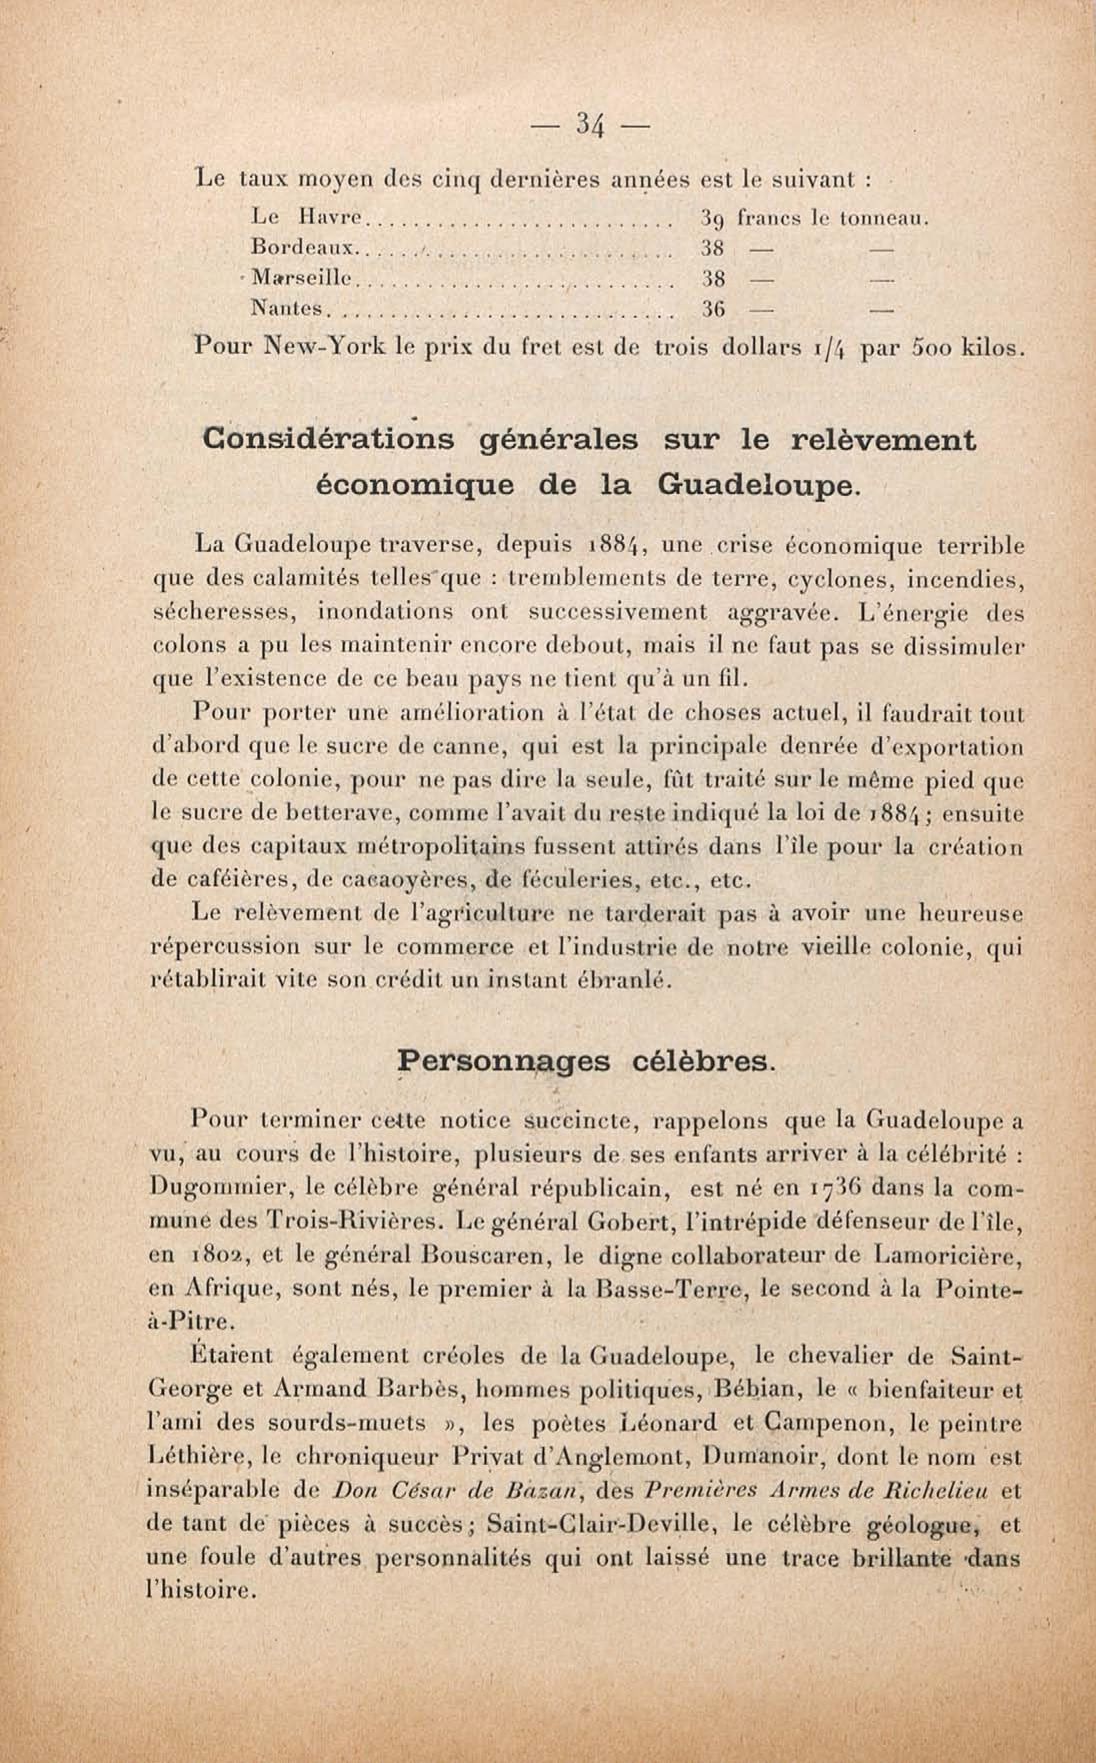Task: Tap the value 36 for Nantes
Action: (x=713, y=310)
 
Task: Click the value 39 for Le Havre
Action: (x=713, y=217)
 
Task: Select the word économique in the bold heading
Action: (x=415, y=485)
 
